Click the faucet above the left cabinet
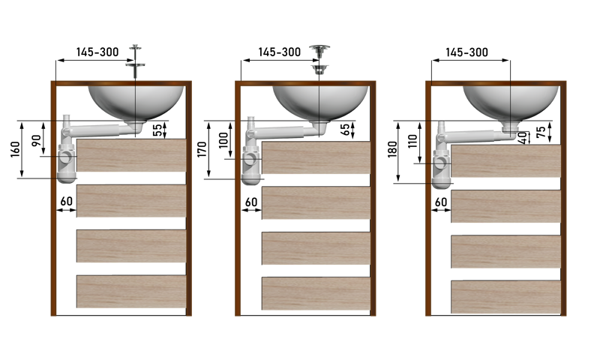[135, 60]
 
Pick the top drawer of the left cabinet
[131, 156]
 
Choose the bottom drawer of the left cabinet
[131, 291]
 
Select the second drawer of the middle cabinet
[316, 203]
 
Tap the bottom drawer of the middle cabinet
[316, 293]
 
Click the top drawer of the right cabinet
[506, 161]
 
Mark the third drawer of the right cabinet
[506, 252]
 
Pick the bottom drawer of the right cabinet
[506, 297]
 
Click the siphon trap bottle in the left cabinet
[67, 159]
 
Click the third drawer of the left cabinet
[131, 246]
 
